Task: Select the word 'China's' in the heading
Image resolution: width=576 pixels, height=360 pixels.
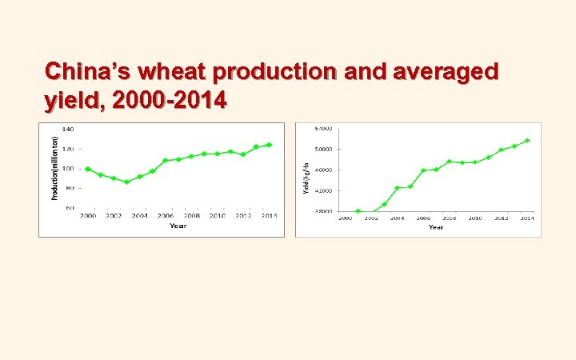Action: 88,73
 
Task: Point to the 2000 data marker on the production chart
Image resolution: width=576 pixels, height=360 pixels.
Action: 88,169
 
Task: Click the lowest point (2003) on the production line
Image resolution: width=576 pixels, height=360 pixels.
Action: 126,182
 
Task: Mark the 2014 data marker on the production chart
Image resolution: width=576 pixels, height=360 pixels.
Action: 270,145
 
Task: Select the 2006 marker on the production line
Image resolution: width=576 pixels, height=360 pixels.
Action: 166,160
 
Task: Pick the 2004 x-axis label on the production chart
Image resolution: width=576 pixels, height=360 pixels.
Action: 140,216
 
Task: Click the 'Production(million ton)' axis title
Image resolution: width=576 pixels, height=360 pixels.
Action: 55,167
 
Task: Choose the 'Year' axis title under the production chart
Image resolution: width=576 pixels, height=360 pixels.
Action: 178,226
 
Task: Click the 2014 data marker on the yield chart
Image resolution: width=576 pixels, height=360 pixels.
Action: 527,141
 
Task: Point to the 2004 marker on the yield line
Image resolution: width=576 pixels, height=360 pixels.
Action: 397,188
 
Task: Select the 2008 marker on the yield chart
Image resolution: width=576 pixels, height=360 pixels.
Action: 449,161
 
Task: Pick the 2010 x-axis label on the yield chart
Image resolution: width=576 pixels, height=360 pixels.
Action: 475,218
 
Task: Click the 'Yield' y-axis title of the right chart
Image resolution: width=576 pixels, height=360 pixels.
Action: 304,178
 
